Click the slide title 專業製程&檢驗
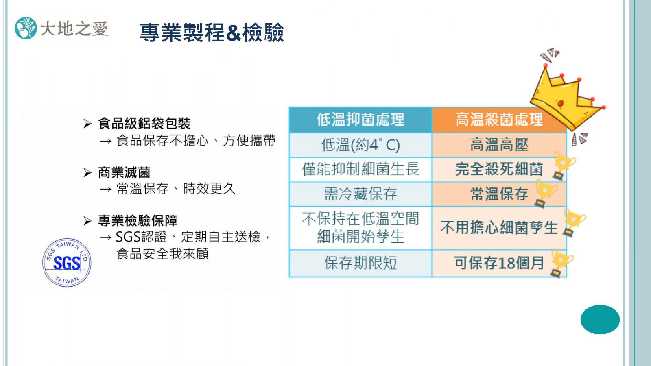[212, 33]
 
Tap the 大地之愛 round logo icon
[26, 28]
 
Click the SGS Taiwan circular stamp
[67, 263]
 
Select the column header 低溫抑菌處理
[360, 120]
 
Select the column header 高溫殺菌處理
[499, 120]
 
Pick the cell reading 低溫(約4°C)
[360, 145]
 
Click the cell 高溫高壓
[499, 145]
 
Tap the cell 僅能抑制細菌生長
[360, 169]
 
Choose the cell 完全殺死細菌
[499, 169]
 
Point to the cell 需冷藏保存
[360, 194]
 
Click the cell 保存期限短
[360, 263]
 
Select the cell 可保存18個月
[499, 263]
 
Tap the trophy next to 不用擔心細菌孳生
[574, 222]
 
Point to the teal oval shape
[600, 320]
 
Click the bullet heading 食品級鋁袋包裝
[144, 124]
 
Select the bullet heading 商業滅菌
[124, 172]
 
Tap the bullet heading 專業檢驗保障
[138, 221]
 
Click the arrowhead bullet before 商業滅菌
[87, 173]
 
